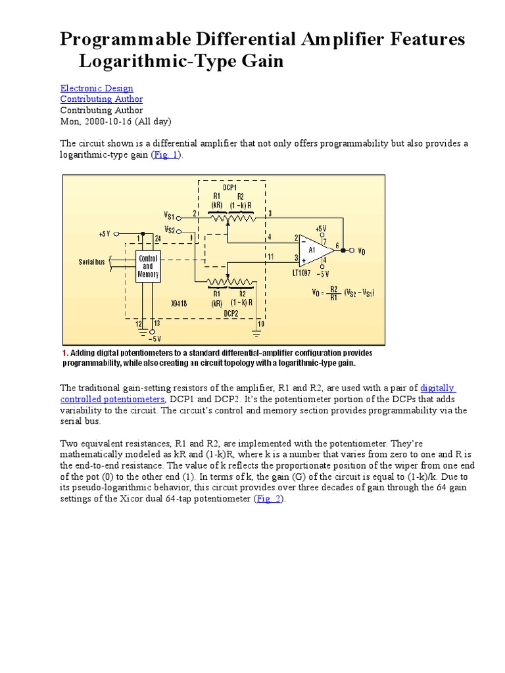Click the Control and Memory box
[x=148, y=266]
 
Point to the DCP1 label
[x=229, y=187]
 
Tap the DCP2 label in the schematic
[x=229, y=314]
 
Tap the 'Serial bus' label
[x=93, y=262]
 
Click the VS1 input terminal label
[x=170, y=215]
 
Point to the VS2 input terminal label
[x=170, y=230]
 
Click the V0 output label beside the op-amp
[x=362, y=250]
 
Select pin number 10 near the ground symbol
[x=260, y=323]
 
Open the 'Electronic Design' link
[x=97, y=88]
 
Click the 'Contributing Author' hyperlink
[x=101, y=99]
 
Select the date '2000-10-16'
[x=108, y=122]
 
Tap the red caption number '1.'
[x=65, y=352]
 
